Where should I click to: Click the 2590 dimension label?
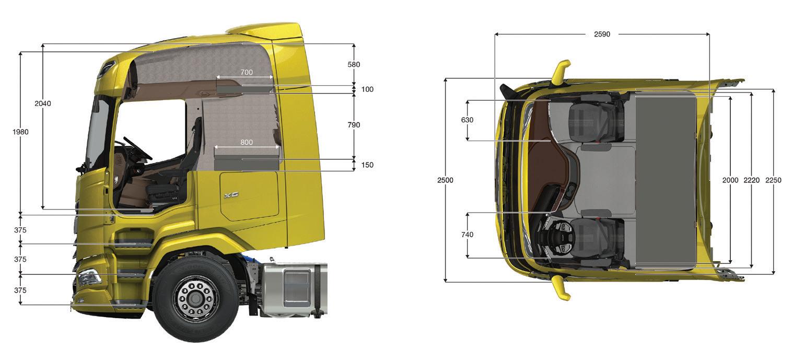click(602, 34)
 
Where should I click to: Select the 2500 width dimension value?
click(445, 180)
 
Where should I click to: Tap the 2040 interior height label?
click(43, 103)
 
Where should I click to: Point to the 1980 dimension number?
click(20, 132)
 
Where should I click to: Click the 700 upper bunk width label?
click(247, 73)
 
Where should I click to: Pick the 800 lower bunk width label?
click(247, 142)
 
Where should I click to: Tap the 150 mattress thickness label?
click(368, 165)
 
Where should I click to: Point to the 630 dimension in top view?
click(467, 120)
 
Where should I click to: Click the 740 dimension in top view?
click(467, 235)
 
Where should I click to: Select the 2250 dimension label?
click(773, 180)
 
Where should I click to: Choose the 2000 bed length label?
click(730, 180)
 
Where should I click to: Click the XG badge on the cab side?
click(231, 195)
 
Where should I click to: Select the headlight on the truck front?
click(89, 277)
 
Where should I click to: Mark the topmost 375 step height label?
click(20, 230)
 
